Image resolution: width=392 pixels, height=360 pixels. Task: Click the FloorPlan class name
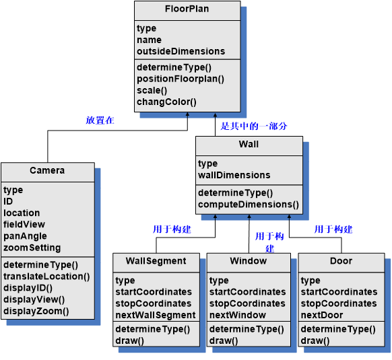187,9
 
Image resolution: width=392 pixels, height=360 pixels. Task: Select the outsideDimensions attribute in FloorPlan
181,51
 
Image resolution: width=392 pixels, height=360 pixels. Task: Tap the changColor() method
166,102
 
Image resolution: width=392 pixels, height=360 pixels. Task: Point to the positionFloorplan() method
180,79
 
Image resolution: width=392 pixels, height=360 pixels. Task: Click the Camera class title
47,171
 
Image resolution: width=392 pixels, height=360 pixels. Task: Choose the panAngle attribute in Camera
25,236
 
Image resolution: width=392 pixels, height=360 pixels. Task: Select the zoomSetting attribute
32,248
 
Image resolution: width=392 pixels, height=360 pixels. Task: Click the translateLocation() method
46,277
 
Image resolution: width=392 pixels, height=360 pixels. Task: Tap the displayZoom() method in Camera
36,311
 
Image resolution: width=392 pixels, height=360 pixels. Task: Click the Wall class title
249,145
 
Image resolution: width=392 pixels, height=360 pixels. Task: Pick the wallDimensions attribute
234,175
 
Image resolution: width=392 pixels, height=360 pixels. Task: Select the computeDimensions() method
249,204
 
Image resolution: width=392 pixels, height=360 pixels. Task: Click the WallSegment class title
156,261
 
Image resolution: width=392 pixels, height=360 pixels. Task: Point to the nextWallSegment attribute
156,315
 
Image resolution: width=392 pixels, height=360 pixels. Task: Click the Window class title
248,261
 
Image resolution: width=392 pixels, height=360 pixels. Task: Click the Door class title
341,261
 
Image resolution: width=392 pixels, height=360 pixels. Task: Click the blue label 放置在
100,120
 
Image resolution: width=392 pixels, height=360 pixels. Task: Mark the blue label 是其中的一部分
255,126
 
